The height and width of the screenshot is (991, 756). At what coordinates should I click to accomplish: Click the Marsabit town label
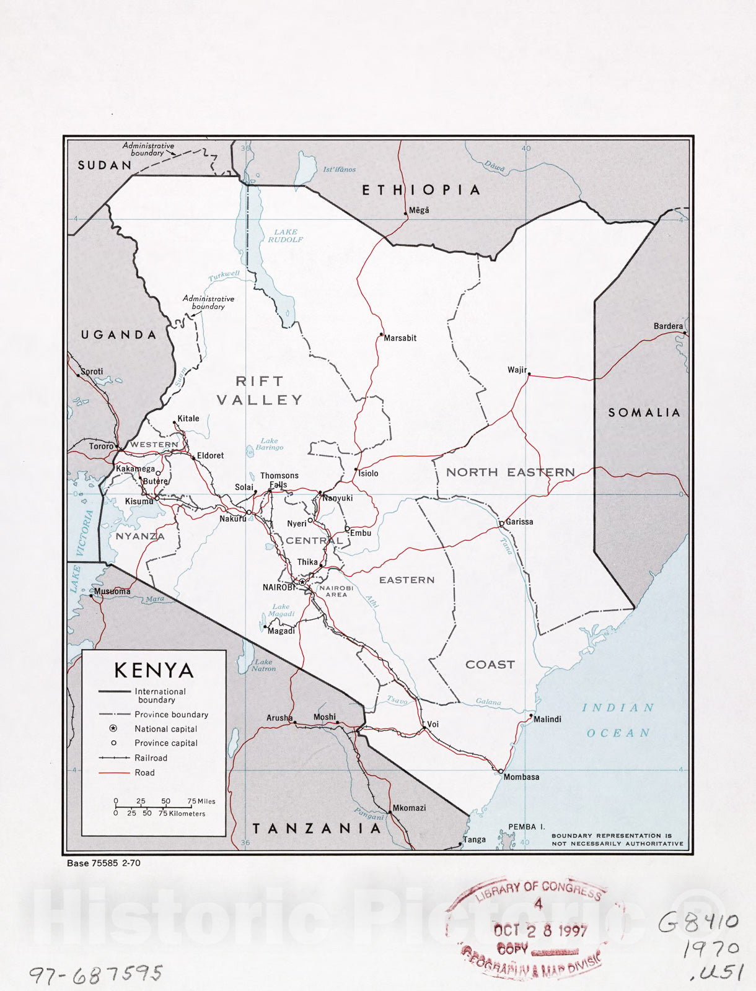pos(400,338)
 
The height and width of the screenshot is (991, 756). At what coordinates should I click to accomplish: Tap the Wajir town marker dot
pos(529,374)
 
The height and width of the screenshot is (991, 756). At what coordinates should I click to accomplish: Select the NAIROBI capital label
pos(279,587)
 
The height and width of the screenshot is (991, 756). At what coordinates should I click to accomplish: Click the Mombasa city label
pos(521,777)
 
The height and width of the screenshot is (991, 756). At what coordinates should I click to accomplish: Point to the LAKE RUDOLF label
pos(285,235)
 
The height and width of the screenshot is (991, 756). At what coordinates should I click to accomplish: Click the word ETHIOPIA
pos(421,190)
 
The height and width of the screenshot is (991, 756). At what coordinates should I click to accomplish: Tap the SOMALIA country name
pos(644,413)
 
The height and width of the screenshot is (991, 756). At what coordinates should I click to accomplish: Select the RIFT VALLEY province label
pos(260,391)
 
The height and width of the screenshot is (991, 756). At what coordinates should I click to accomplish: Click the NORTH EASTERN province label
pos(510,473)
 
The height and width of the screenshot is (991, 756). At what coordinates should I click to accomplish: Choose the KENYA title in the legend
pos(154,670)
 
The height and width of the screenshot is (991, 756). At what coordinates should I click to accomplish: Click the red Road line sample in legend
pos(114,772)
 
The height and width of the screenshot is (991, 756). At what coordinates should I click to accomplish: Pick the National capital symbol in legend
pos(113,728)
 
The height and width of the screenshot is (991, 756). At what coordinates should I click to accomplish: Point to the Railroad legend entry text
pos(151,757)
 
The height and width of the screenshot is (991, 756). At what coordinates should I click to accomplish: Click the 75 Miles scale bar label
pos(202,801)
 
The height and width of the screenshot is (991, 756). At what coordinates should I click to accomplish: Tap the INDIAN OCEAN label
pos(618,720)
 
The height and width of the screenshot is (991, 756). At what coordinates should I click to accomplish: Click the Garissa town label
pos(519,522)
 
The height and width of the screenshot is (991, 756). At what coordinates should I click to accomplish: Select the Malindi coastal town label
pos(547,719)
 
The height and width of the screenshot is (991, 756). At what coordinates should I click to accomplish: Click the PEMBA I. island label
pos(526,827)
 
